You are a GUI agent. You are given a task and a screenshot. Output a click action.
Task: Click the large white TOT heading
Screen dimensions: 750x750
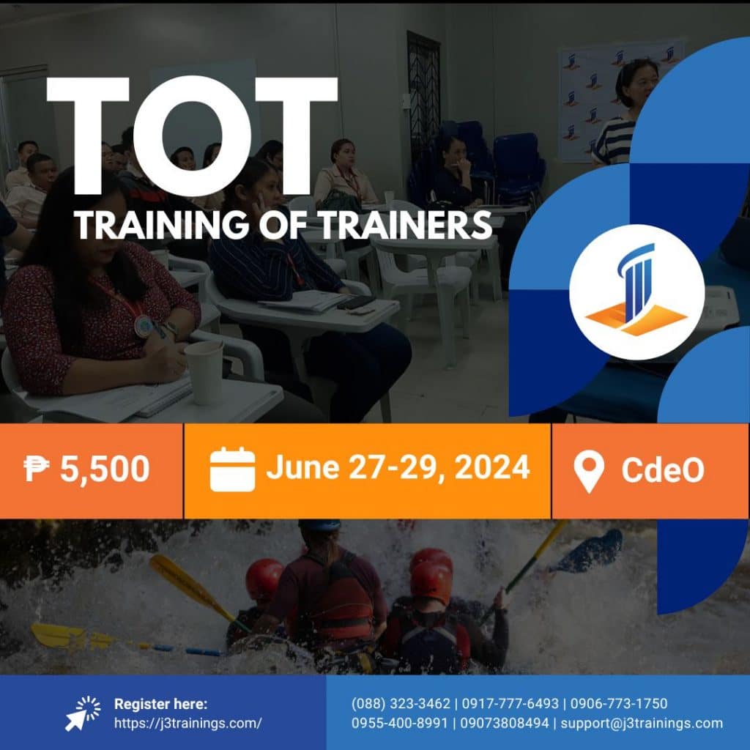click(x=192, y=136)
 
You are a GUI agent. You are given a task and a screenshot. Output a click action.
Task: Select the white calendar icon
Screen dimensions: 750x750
click(x=232, y=469)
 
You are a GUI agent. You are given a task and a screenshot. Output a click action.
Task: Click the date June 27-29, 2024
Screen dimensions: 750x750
click(x=398, y=467)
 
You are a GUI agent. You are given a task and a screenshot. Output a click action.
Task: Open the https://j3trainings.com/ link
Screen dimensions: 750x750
click(x=188, y=724)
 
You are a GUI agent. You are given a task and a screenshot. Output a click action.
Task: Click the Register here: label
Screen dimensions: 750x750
click(x=160, y=704)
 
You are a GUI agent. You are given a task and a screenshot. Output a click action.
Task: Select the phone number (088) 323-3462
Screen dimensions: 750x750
click(x=401, y=704)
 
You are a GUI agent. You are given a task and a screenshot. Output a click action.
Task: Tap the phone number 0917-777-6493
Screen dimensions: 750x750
click(x=508, y=704)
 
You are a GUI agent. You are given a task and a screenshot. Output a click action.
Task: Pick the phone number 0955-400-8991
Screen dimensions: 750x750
click(x=399, y=724)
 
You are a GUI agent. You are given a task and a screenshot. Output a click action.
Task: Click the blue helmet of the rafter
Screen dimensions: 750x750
click(x=320, y=527)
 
